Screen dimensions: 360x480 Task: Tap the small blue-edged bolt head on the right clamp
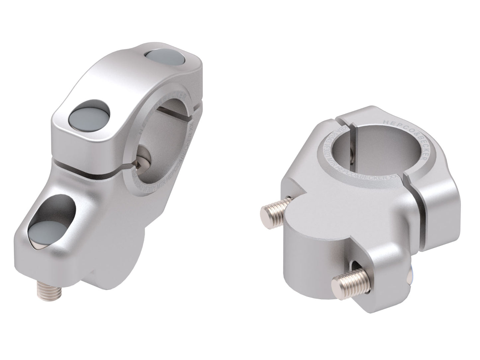pyautogui.click(x=411, y=275)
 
